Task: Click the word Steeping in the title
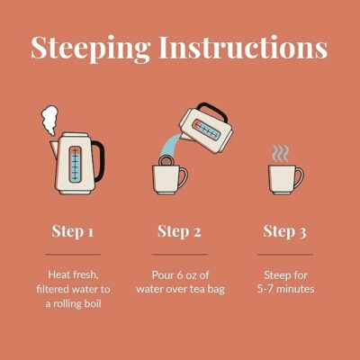coord(91,49)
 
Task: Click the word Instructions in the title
coord(243,48)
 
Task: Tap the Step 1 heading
coord(73,232)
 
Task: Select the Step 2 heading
coord(179,232)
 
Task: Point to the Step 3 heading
coord(285,232)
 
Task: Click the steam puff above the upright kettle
coord(49,120)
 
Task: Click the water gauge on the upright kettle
coord(75,165)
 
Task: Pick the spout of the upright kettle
coord(54,149)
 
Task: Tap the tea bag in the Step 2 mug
coord(166,161)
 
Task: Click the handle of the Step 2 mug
coord(184,177)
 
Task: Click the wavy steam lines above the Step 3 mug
coord(281,154)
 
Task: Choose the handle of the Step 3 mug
coord(300,177)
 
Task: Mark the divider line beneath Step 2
coord(180,255)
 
